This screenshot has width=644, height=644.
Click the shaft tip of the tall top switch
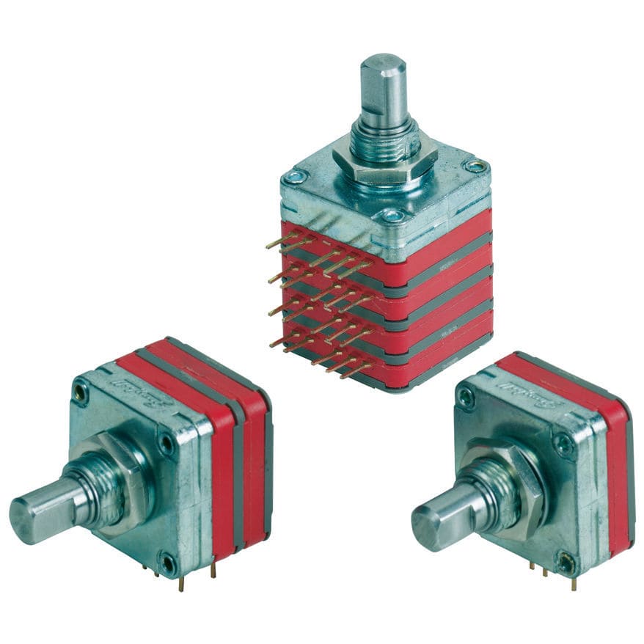click(383, 62)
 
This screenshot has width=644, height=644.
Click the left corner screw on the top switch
click(295, 177)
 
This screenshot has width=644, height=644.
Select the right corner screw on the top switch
click(476, 167)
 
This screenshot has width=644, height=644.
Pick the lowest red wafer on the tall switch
click(440, 359)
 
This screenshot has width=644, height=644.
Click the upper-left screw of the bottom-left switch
click(80, 395)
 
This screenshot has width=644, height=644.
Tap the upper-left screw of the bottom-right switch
click(465, 397)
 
